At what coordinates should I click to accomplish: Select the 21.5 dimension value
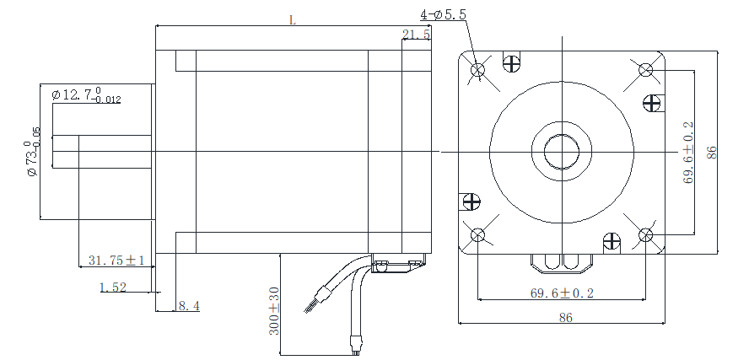416,35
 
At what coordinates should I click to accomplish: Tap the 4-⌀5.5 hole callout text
444,14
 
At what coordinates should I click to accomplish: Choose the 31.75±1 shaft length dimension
116,260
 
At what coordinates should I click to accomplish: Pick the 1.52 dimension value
112,287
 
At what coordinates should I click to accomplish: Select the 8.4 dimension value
188,306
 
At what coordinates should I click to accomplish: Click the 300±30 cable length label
275,311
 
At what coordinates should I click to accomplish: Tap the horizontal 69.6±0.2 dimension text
562,293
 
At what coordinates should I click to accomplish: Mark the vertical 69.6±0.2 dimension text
688,152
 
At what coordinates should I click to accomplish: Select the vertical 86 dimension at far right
712,152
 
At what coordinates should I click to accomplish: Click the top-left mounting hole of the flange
478,69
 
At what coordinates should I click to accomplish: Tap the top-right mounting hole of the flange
646,69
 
